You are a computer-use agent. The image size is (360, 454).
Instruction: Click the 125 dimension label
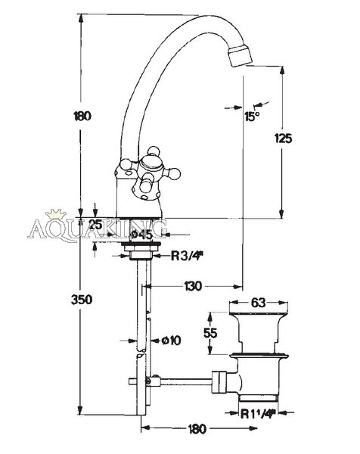pos(283,138)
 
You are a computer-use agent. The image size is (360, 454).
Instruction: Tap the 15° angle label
pos(252,117)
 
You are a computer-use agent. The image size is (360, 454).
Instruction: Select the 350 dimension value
pos(82,300)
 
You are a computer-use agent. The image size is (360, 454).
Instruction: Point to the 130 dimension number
pos(193,286)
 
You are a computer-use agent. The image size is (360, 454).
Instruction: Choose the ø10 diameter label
pos(172,340)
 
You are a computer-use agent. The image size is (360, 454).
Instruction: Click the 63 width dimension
pos(258,303)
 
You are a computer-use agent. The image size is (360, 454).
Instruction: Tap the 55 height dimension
pos(210,333)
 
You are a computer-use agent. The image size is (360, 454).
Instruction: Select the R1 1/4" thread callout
pos(257,414)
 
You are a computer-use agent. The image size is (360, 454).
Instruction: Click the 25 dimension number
pos(95,225)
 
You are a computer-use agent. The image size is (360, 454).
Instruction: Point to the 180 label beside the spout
pos(82,116)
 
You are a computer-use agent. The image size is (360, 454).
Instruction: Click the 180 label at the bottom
pos(197,429)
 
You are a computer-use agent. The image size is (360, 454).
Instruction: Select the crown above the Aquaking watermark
pos(56,215)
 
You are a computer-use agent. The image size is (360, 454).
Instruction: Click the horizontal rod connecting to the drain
pos(185,381)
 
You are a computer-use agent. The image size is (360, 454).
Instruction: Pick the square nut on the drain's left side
pos(220,382)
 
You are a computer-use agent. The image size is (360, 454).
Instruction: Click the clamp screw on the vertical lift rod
pos(148,381)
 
